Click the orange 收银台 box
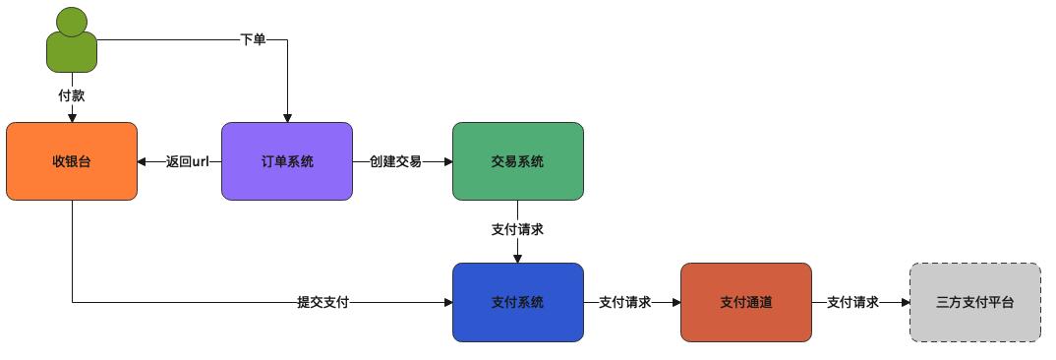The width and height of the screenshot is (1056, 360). click(x=72, y=161)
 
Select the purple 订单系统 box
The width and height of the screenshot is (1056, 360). click(x=287, y=161)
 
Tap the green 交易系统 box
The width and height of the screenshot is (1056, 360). click(x=517, y=161)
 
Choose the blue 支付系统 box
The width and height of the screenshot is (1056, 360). click(x=517, y=302)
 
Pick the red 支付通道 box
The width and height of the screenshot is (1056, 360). click(x=746, y=302)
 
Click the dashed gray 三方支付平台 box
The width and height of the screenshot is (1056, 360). click(x=974, y=302)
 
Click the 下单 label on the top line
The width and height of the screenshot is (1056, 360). click(x=253, y=40)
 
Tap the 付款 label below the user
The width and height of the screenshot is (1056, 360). click(x=72, y=95)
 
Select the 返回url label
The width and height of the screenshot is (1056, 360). click(x=188, y=161)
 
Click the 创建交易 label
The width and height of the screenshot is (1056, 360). click(x=395, y=161)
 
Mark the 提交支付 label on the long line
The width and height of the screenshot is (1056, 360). click(x=323, y=302)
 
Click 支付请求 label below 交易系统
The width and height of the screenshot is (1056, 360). click(x=517, y=229)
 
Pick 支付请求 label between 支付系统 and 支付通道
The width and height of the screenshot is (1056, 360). click(x=624, y=302)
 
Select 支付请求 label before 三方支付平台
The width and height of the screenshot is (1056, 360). click(x=852, y=302)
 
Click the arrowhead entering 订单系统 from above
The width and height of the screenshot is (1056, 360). click(x=287, y=117)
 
